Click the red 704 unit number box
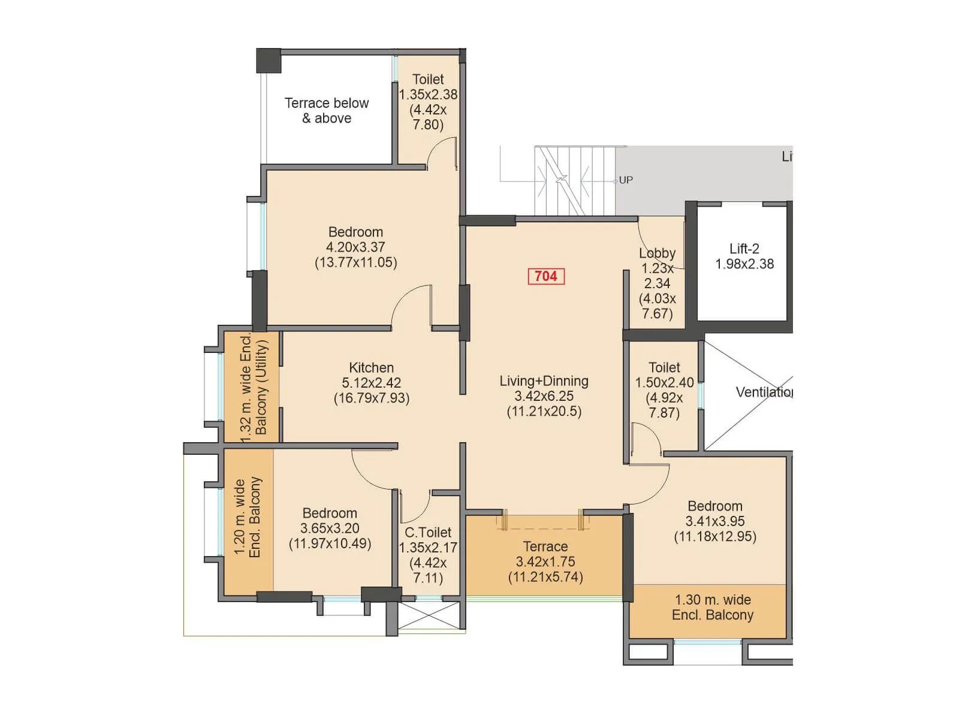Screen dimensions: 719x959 click(x=545, y=276)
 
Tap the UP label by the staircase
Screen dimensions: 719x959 click(x=626, y=180)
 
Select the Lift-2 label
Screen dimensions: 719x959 click(x=744, y=249)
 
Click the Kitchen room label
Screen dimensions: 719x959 click(x=371, y=368)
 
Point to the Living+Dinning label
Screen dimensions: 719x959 click(x=544, y=381)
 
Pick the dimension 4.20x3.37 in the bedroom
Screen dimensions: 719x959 click(x=355, y=247)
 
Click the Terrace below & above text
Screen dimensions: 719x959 click(x=327, y=111)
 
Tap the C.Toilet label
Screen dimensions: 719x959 click(x=428, y=533)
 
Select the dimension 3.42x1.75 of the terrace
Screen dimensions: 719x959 click(x=545, y=562)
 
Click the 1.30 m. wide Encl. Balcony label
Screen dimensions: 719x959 click(x=712, y=607)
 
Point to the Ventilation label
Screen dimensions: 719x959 click(x=764, y=392)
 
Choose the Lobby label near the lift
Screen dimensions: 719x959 click(x=657, y=253)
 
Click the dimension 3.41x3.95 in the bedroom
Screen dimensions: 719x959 click(x=714, y=521)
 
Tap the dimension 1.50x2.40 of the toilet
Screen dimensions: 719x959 click(x=664, y=382)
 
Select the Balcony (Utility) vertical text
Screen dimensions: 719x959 click(x=261, y=387)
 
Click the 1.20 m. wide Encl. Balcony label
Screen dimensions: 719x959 click(x=248, y=518)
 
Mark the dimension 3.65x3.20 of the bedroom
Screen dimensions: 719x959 click(x=330, y=528)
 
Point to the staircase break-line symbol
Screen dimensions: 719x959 click(x=562, y=179)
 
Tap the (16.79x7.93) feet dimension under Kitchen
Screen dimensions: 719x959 click(x=371, y=398)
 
